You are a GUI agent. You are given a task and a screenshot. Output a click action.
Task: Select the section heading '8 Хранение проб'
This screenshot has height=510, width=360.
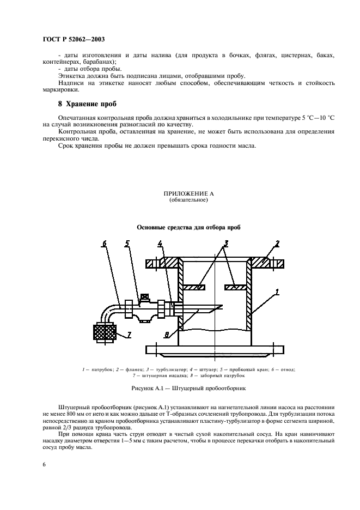tap(88, 104)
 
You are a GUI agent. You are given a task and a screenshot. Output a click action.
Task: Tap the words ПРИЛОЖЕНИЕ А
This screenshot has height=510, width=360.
tap(188, 195)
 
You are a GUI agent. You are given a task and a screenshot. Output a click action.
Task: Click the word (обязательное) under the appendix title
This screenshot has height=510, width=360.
tap(188, 201)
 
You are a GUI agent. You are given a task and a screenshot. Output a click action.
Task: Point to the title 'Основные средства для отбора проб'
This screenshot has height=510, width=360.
tap(188, 227)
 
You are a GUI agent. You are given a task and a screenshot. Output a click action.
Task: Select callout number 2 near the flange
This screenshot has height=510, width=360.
tap(277, 243)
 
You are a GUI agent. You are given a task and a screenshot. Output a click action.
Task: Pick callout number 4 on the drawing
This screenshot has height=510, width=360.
tap(160, 243)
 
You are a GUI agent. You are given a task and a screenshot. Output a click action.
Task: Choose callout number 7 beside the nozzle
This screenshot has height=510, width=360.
tap(129, 335)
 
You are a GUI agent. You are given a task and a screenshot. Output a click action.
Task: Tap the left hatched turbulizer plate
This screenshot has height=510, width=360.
tap(193, 287)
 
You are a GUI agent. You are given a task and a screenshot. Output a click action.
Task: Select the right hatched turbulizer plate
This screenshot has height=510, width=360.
tap(237, 287)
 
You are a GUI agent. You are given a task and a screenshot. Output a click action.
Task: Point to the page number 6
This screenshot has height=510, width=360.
tap(44, 464)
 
